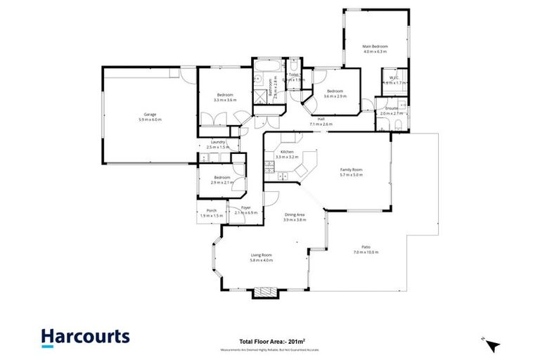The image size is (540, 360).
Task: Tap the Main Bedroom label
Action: tap(375, 49)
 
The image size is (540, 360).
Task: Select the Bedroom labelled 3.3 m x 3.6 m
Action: tap(225, 97)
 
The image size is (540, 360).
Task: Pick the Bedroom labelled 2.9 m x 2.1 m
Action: tap(222, 179)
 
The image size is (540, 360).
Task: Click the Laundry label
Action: tap(218, 143)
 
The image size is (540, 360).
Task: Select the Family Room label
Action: tap(352, 172)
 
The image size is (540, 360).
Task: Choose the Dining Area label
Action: tap(295, 217)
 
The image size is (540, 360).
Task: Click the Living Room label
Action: tap(261, 257)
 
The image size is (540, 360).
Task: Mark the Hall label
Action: tap(321, 121)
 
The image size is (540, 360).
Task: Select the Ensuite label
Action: tap(392, 110)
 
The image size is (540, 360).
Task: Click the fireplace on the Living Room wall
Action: tap(265, 291)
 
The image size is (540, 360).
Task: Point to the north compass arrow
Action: tap(493, 345)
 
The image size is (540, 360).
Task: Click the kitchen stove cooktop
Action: tap(269, 167)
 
